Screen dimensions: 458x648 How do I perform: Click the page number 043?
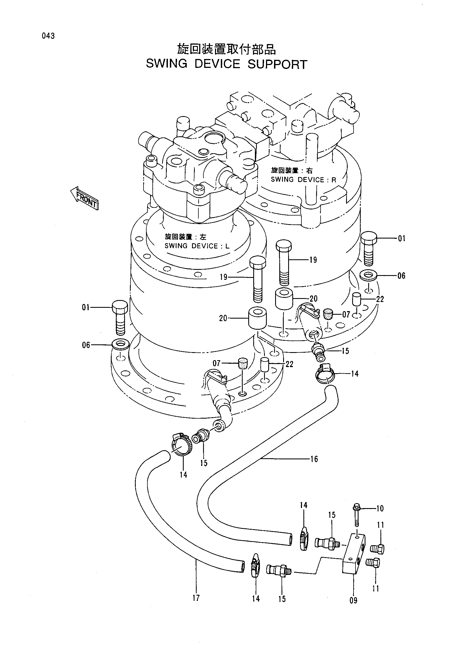click(x=48, y=36)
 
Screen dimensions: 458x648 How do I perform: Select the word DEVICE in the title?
click(x=217, y=64)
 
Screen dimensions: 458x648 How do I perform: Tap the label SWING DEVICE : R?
click(x=303, y=180)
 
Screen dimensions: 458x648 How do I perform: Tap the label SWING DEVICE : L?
click(x=197, y=246)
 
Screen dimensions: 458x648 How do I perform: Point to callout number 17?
click(x=196, y=598)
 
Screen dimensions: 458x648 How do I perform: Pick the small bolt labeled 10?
click(x=356, y=515)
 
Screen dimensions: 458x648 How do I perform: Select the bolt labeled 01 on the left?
click(x=120, y=317)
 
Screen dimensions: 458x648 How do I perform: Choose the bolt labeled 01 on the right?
click(x=369, y=248)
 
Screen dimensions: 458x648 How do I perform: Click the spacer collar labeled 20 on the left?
click(x=257, y=318)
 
